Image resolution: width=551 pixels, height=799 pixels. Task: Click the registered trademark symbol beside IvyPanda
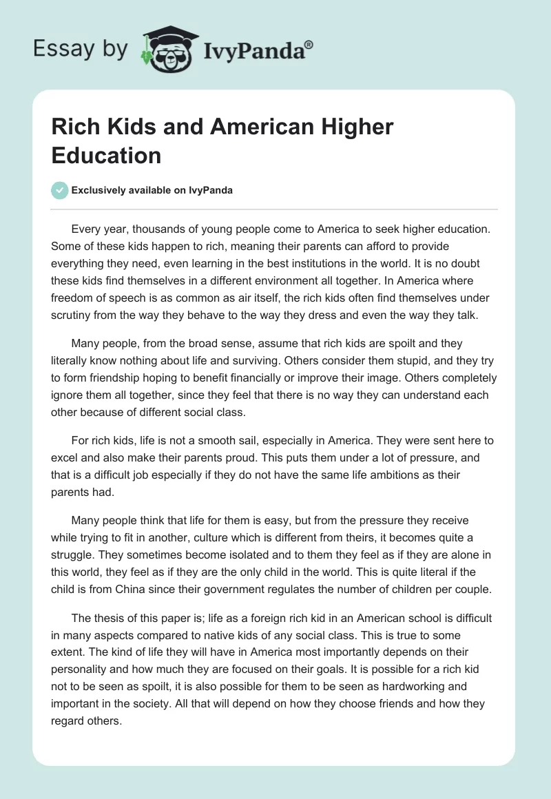(x=309, y=45)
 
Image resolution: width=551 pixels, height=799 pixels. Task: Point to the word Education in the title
(x=106, y=155)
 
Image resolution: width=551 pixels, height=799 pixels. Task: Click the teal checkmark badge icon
(x=61, y=191)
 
